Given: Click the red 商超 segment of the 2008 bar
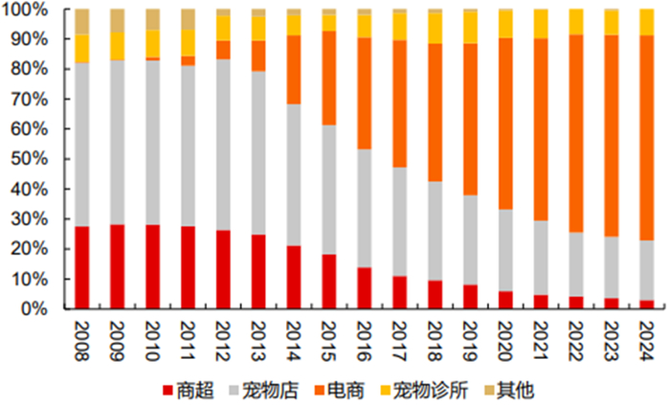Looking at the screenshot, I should point(82,267).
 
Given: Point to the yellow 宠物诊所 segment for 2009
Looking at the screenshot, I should point(118,46).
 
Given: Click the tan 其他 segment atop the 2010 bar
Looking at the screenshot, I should point(153,19).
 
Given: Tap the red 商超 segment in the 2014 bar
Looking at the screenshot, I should point(294,277).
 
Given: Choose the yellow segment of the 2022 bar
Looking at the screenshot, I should point(576,22).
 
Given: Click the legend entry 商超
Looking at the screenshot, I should point(186,390).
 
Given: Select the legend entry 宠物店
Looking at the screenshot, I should point(264,390).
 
